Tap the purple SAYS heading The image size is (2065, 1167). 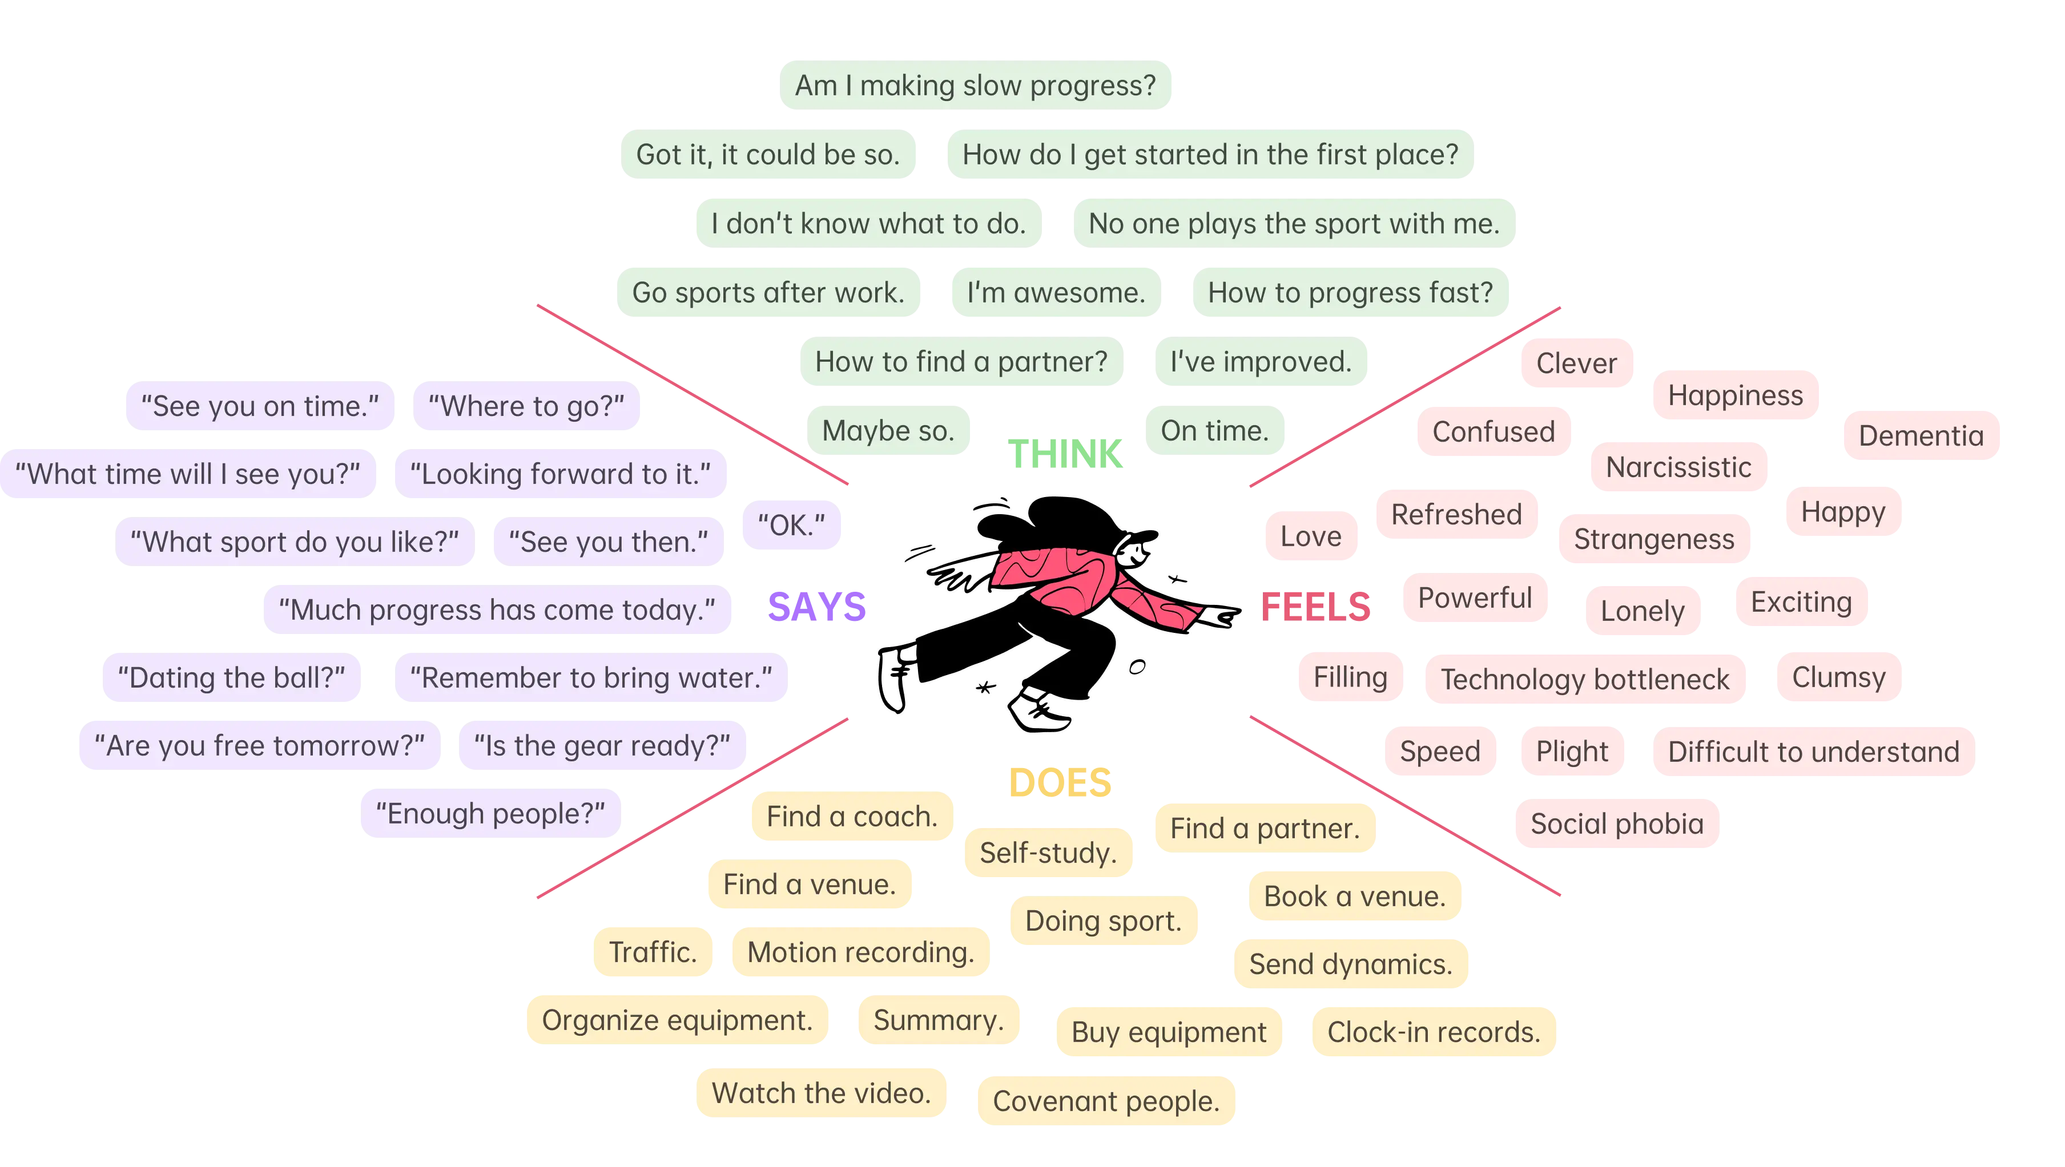point(816,606)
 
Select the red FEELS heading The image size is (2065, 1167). point(1315,606)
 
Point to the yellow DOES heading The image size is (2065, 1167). point(1061,783)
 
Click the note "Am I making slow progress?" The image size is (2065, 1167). point(975,85)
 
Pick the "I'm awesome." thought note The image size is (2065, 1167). point(1055,293)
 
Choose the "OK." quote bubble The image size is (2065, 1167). point(791,526)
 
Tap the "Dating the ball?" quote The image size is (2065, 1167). point(231,678)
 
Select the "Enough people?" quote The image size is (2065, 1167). point(490,814)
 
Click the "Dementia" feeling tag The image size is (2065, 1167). point(1920,436)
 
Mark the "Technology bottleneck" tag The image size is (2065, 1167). point(1585,680)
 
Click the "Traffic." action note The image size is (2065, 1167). point(652,952)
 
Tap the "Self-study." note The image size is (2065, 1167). point(1048,853)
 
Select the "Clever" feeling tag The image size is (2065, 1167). point(1576,363)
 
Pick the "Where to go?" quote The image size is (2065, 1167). point(526,406)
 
